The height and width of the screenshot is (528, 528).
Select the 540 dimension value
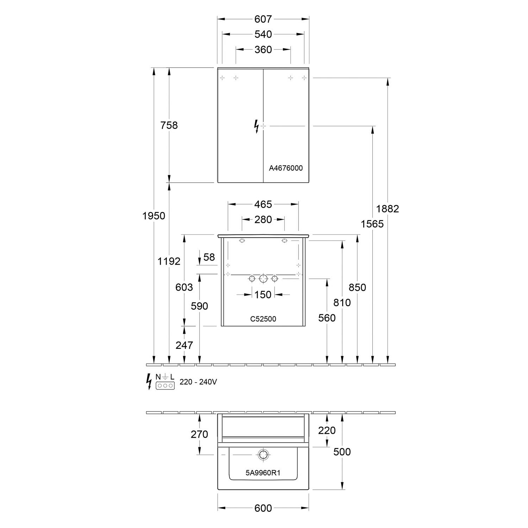coord(263,34)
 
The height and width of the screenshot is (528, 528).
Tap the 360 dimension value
coord(263,50)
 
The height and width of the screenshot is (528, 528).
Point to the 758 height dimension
coord(169,125)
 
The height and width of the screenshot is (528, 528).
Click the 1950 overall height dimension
coord(154,215)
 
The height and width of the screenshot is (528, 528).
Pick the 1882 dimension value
coord(388,209)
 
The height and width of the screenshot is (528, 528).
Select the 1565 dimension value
coord(372,224)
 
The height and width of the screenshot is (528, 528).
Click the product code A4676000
coord(285,168)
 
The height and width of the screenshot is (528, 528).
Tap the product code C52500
coord(263,319)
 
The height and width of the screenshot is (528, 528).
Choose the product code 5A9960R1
coord(263,473)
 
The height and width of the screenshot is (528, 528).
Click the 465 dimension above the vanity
coord(263,204)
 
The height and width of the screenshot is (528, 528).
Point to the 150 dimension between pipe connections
coord(263,294)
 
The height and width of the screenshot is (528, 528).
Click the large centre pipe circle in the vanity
coord(263,279)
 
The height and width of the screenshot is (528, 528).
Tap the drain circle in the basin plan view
coord(263,454)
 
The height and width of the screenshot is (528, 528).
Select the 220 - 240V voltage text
coord(198,382)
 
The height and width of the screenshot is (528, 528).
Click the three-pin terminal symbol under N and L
coord(165,385)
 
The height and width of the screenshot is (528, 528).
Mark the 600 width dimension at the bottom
coord(263,508)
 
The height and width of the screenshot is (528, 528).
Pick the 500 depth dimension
coord(342,452)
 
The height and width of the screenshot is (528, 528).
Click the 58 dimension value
coord(209,257)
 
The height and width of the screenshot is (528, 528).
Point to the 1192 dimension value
coord(169,261)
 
